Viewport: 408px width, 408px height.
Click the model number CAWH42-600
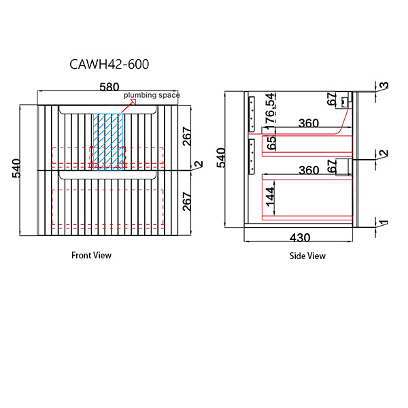pyautogui.click(x=109, y=65)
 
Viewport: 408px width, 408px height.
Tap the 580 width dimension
pyautogui.click(x=109, y=86)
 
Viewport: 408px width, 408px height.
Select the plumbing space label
pyautogui.click(x=152, y=95)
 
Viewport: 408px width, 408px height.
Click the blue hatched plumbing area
pyautogui.click(x=107, y=142)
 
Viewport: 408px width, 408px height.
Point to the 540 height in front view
pyautogui.click(x=16, y=169)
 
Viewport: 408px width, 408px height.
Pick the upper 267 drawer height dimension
pyautogui.click(x=187, y=137)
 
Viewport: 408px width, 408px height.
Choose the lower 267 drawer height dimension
pyautogui.click(x=187, y=201)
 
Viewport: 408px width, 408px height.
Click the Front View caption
pyautogui.click(x=91, y=255)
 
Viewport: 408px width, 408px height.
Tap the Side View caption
pyautogui.click(x=307, y=256)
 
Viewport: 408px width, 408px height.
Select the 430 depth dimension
pyautogui.click(x=300, y=237)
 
